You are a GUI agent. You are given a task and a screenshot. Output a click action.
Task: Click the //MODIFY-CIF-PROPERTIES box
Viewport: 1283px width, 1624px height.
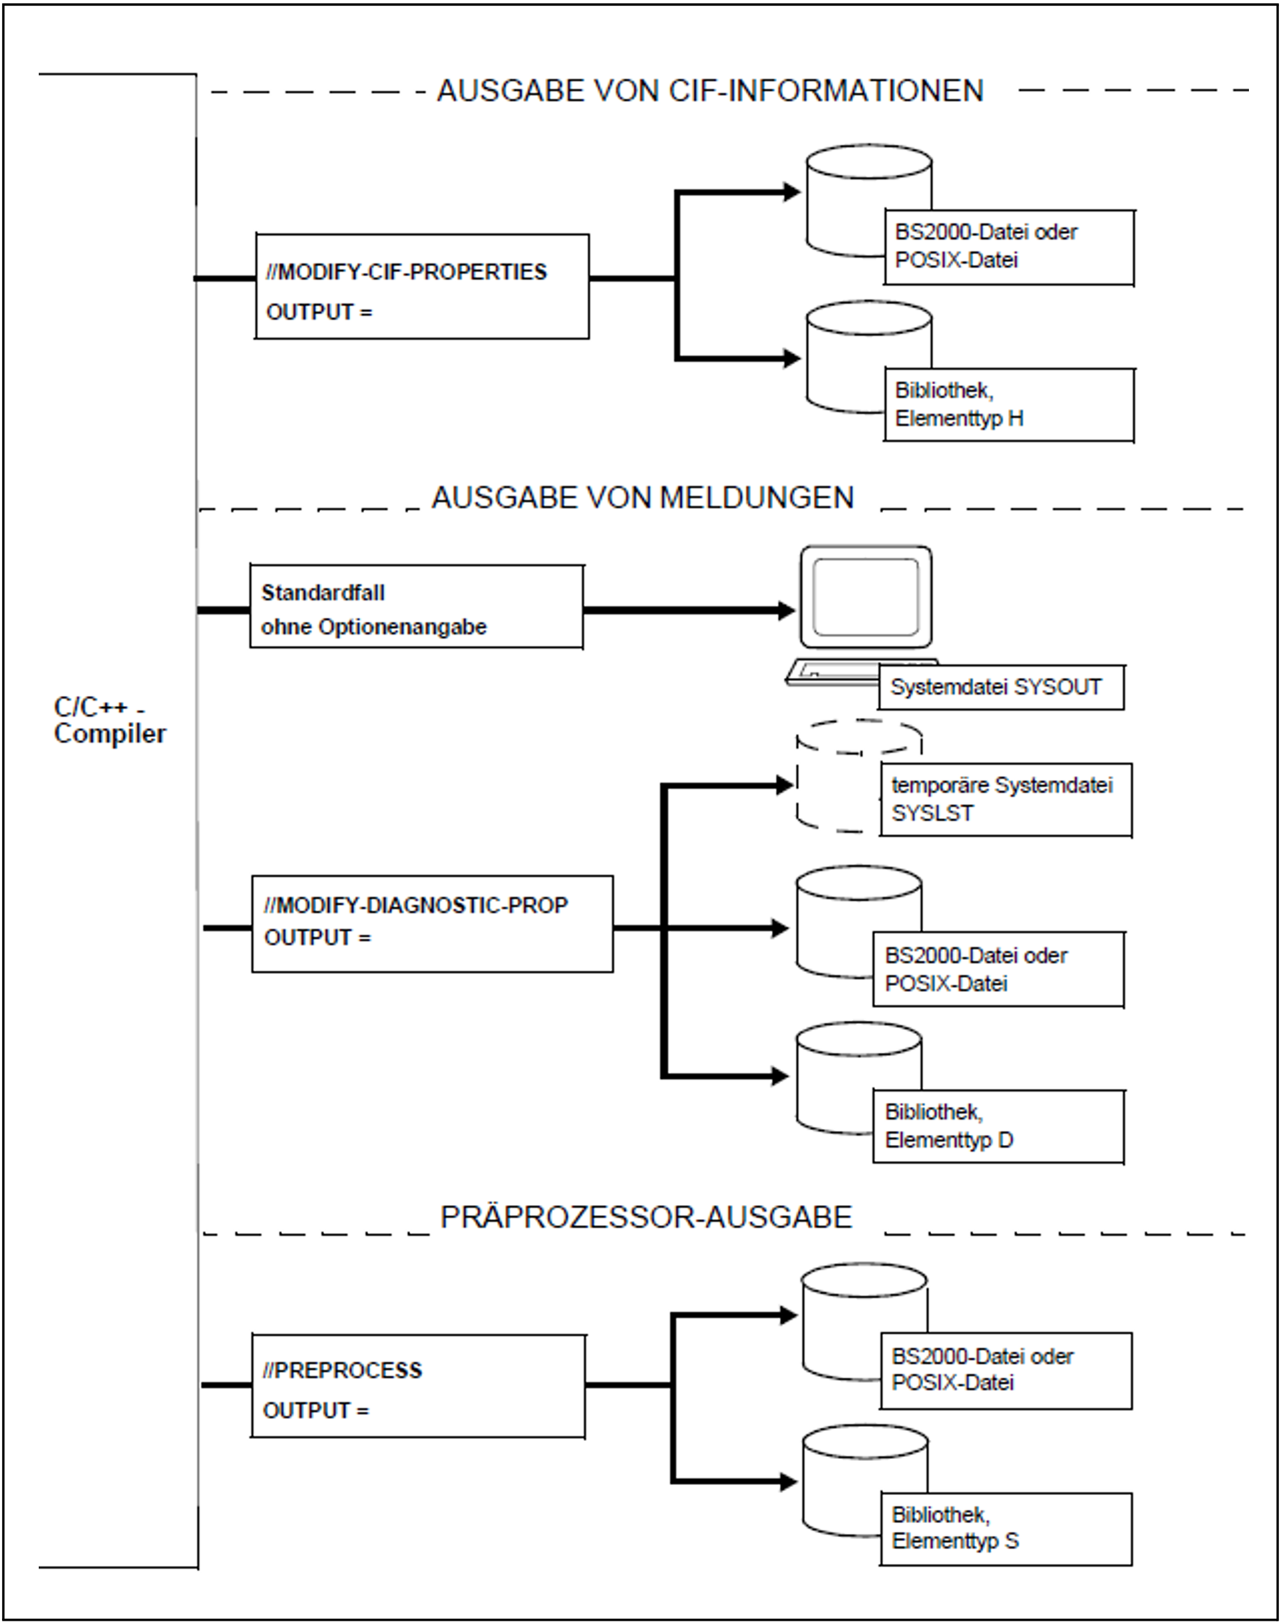point(421,286)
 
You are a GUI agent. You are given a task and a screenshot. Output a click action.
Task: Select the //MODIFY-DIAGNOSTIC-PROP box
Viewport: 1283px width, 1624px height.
point(432,923)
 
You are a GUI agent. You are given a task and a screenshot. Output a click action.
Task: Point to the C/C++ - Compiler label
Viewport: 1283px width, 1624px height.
point(109,720)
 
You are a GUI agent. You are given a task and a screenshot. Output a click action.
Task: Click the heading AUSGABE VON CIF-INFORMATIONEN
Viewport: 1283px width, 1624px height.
point(710,91)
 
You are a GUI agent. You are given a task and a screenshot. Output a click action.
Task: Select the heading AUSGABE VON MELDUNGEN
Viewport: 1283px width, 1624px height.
point(643,498)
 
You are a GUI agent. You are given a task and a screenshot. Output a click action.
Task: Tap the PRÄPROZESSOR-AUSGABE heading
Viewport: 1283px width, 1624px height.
point(646,1218)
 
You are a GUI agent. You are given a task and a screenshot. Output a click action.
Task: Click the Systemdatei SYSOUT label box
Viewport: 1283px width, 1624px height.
point(1000,687)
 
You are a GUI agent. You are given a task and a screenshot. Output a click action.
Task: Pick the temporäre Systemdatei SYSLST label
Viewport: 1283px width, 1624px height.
point(1005,799)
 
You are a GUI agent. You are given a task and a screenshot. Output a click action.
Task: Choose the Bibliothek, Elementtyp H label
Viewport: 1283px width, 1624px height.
point(1008,404)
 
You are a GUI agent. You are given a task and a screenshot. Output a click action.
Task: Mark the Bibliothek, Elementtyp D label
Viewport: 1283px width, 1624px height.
point(998,1126)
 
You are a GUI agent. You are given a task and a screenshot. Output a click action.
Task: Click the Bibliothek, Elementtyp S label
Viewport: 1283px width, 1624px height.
point(1005,1528)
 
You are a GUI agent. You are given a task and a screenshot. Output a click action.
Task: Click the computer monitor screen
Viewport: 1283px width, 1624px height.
point(866,597)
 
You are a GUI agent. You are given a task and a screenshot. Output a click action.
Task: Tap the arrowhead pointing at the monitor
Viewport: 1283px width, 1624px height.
point(787,610)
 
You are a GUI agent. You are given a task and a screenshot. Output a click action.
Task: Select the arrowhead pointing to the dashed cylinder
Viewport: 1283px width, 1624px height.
point(785,785)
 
